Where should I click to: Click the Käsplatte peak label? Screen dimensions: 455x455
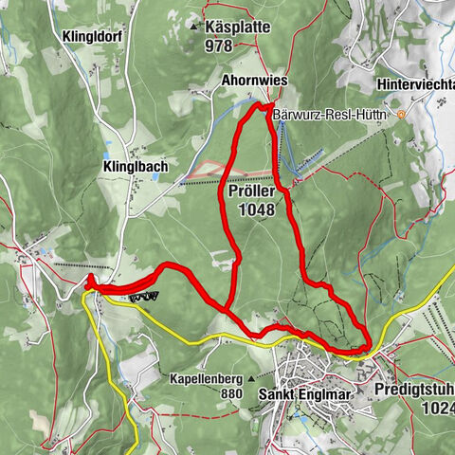242,26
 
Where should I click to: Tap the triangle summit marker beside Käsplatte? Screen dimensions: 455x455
197,26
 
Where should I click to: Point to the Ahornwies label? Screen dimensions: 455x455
254,82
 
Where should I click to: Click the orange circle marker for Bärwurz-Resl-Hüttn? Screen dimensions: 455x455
402,115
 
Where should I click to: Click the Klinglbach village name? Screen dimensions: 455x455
135,166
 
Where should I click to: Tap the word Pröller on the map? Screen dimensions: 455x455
251,191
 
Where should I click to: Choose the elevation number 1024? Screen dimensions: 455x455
438,409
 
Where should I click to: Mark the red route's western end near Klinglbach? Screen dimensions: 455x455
88,282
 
